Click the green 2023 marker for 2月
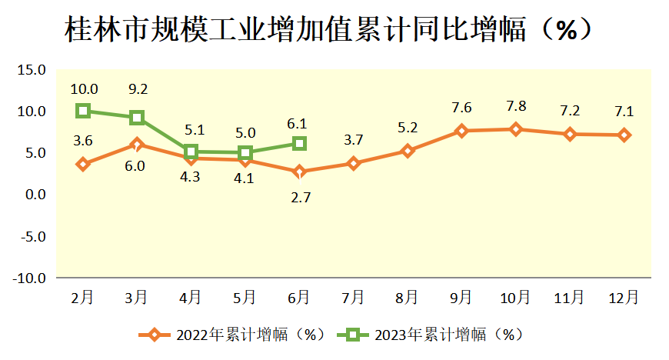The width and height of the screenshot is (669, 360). (83, 111)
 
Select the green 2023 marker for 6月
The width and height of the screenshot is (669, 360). (299, 144)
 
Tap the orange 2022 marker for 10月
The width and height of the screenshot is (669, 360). (515, 129)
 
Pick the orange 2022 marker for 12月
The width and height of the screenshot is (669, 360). (624, 135)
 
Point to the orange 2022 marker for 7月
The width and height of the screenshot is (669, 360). (353, 163)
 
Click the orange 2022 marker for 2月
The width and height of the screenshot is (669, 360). (83, 164)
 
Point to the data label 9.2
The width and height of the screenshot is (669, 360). (138, 89)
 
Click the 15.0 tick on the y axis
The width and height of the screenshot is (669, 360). (32, 71)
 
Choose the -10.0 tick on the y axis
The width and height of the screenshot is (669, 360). (29, 278)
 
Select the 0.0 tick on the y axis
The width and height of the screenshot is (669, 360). (33, 195)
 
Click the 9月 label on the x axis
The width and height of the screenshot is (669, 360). (461, 297)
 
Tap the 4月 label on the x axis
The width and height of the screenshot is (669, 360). (191, 297)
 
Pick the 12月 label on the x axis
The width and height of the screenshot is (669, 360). (623, 297)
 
